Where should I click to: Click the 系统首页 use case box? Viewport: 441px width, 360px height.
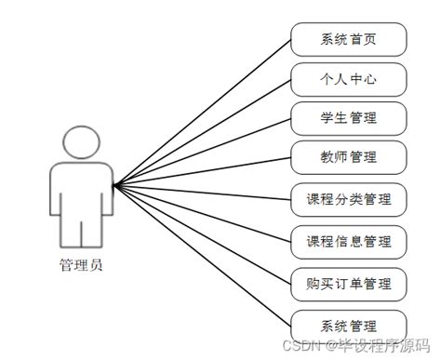coord(349,40)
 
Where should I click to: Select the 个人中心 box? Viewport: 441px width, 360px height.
coord(349,80)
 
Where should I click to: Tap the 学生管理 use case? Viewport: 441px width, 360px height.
coord(349,118)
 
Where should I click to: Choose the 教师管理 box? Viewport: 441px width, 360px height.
coord(349,158)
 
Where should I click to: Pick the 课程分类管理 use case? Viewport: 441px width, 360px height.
coord(349,199)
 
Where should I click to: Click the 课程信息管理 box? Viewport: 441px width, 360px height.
coord(349,242)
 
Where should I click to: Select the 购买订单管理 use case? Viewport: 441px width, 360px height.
coord(349,283)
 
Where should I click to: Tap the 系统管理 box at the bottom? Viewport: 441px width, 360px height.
coord(349,326)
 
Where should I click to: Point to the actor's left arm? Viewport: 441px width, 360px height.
coord(55,191)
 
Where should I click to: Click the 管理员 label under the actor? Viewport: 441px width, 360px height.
coord(80,264)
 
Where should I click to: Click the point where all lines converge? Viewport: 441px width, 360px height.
coord(113,185)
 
